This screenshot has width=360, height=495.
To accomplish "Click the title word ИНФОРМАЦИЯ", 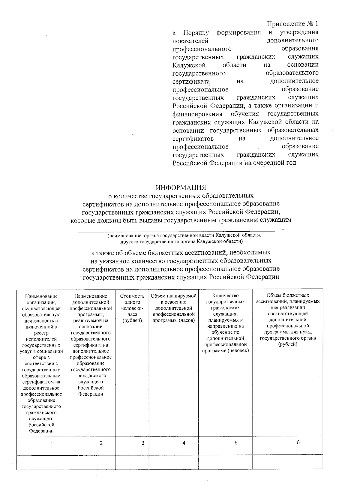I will click(181, 187).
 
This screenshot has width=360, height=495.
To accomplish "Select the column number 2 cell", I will click(101, 443).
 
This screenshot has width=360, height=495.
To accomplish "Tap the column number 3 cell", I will click(143, 443).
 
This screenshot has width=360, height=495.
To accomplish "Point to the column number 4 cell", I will click(184, 443).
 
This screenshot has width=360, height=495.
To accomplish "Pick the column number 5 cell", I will click(236, 442).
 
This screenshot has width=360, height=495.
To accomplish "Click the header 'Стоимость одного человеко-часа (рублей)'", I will click(132, 308).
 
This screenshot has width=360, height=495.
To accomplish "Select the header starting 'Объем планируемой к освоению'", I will click(174, 308).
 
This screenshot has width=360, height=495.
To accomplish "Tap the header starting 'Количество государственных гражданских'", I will click(225, 323).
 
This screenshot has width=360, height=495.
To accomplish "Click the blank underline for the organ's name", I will click(180, 230).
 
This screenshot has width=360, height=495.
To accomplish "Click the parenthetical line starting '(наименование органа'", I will click(184, 236).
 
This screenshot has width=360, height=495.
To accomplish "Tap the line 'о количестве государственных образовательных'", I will click(181, 196).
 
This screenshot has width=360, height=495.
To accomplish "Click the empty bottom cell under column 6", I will click(287, 462).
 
